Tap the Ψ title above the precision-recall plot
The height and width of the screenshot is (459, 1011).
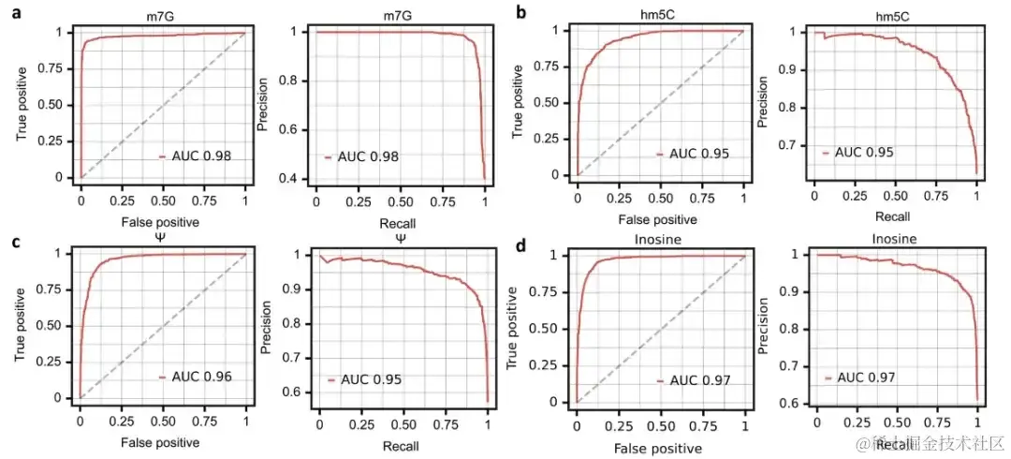tap(401, 238)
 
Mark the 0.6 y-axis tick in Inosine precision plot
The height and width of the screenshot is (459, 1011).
tap(800, 403)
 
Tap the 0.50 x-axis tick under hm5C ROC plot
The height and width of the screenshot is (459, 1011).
tap(661, 200)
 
